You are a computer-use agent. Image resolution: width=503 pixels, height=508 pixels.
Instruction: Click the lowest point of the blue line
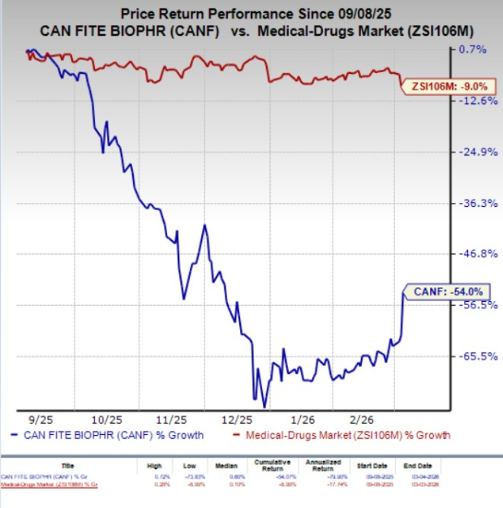pyautogui.click(x=264, y=406)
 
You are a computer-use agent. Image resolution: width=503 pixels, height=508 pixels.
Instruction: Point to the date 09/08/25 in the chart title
pyautogui.click(x=353, y=14)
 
